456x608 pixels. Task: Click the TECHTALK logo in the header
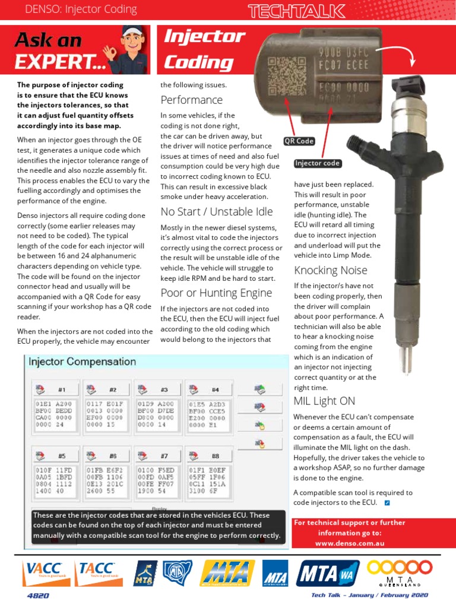[x=297, y=10]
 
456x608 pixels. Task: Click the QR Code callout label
[x=299, y=141]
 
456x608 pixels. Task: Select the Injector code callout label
[x=317, y=163]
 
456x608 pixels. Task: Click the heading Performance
[x=191, y=100]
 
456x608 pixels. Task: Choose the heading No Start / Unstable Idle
[x=217, y=212]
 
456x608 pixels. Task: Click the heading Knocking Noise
[x=331, y=271]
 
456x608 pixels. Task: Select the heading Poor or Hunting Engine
[x=216, y=293]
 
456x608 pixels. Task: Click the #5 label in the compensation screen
[x=62, y=455]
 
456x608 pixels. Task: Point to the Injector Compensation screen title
[x=82, y=362]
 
